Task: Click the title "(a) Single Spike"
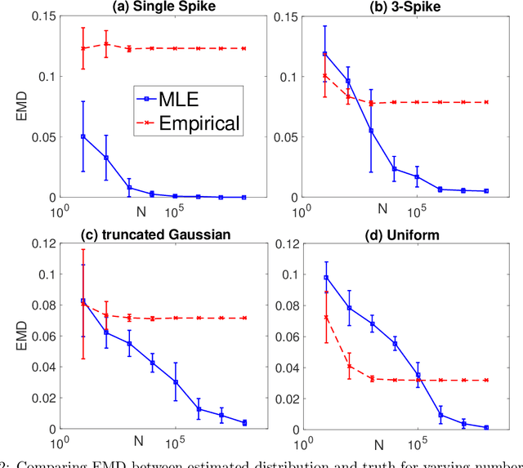click(x=152, y=7)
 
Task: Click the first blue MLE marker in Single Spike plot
click(x=83, y=136)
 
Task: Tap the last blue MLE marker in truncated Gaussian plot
click(x=244, y=422)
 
